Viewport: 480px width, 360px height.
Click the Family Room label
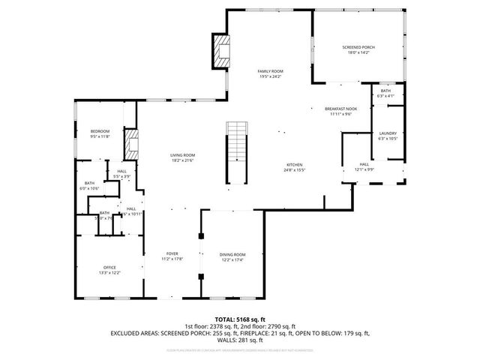pos(271,70)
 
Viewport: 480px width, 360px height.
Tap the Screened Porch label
pos(358,47)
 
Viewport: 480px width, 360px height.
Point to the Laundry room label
pos(387,133)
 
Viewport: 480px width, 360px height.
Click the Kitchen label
pos(293,165)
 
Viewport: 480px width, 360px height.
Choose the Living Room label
pos(183,154)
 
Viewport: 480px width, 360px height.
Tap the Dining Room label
pos(232,255)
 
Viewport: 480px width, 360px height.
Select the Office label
pos(110,268)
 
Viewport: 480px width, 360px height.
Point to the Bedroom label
pos(100,131)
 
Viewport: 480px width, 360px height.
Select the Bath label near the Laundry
pos(385,91)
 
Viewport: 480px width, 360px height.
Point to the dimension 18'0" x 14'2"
pos(358,52)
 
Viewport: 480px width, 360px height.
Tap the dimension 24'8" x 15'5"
pos(293,170)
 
